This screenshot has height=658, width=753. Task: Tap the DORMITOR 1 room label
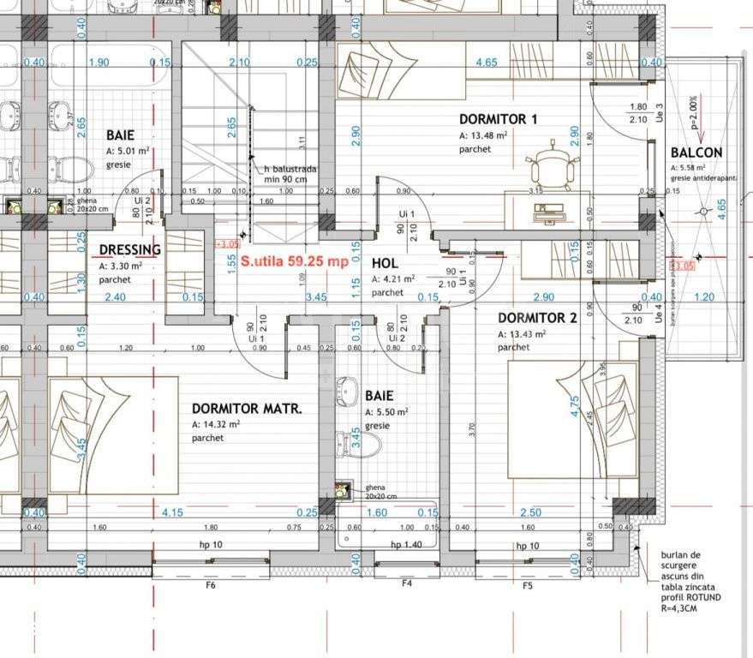(x=498, y=119)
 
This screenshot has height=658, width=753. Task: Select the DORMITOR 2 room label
(x=538, y=318)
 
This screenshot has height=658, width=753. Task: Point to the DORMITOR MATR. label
(x=247, y=410)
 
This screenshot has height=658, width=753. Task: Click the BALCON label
(x=696, y=153)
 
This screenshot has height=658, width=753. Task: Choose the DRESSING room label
(x=129, y=250)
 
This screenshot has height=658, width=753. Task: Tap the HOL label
(x=385, y=264)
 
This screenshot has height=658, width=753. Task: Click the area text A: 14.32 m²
(x=220, y=424)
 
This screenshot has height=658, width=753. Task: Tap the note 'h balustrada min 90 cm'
(x=290, y=175)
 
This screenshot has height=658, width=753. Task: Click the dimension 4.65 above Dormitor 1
(x=487, y=62)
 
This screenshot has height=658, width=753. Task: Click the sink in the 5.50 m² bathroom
(x=350, y=393)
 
